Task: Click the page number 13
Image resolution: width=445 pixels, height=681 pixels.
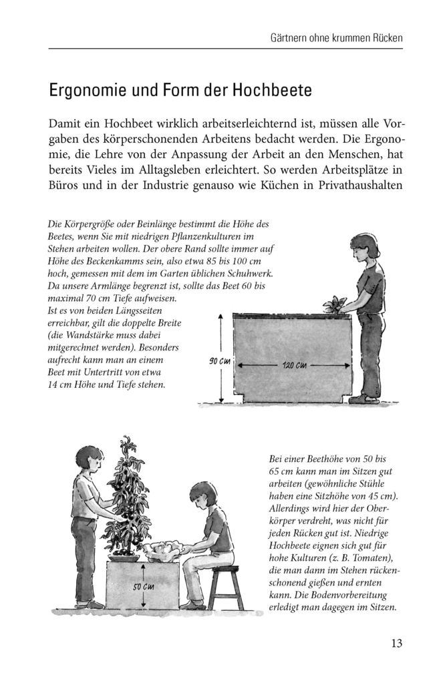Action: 396,644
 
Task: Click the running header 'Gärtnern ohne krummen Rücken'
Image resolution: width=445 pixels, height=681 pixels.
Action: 331,37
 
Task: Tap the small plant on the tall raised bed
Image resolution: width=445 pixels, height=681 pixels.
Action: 335,305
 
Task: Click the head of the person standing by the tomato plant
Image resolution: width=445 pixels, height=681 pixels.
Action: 89,459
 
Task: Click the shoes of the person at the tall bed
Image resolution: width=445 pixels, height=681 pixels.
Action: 363,399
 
